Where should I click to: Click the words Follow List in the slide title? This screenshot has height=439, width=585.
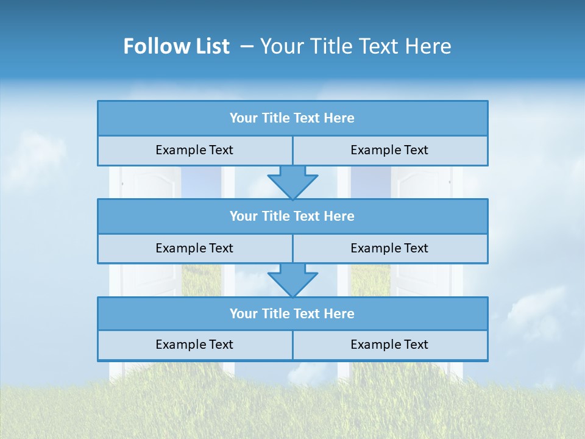177,46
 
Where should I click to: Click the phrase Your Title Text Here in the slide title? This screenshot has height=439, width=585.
355,46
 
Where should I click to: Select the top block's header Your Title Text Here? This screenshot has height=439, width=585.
292,118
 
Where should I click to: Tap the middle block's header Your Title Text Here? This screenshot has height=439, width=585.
292,216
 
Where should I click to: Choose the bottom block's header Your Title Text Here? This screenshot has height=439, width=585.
292,313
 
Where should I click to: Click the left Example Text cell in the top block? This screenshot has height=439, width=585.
194,150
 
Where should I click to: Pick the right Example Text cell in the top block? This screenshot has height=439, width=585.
389,150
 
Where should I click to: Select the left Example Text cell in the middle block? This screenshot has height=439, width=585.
194,248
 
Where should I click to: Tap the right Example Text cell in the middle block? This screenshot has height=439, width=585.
389,248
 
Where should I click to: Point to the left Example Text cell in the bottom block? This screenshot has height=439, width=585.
194,344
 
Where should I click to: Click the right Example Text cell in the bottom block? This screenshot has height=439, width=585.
389,344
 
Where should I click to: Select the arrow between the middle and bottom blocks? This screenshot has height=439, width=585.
292,280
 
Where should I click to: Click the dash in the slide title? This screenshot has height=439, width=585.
247,46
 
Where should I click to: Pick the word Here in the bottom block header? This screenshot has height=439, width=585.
339,313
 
